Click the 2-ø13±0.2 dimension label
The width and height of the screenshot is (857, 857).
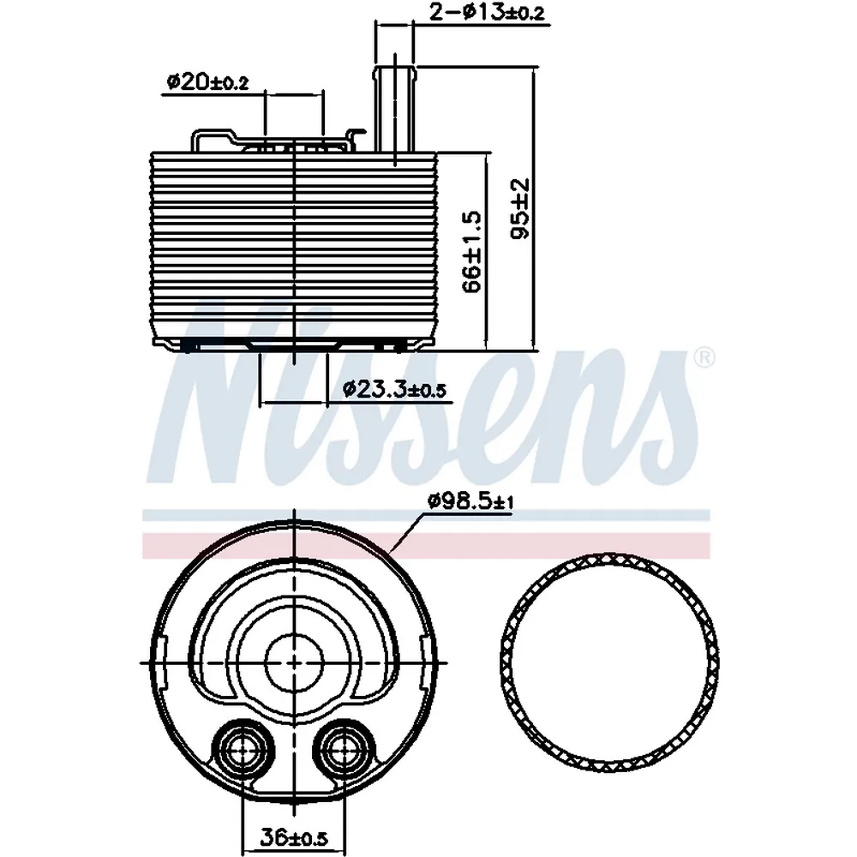(487, 12)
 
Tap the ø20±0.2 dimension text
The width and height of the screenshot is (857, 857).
(207, 82)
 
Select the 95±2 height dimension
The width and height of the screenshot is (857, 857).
(520, 208)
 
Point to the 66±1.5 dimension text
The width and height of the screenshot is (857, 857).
(471, 251)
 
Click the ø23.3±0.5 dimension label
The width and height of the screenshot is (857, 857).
(394, 389)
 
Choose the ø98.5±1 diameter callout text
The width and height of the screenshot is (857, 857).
(470, 501)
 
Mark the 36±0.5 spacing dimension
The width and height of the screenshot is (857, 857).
(293, 838)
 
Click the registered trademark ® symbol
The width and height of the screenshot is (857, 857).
(704, 358)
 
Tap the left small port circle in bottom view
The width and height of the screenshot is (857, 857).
(240, 749)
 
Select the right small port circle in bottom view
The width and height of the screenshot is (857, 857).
(342, 749)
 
